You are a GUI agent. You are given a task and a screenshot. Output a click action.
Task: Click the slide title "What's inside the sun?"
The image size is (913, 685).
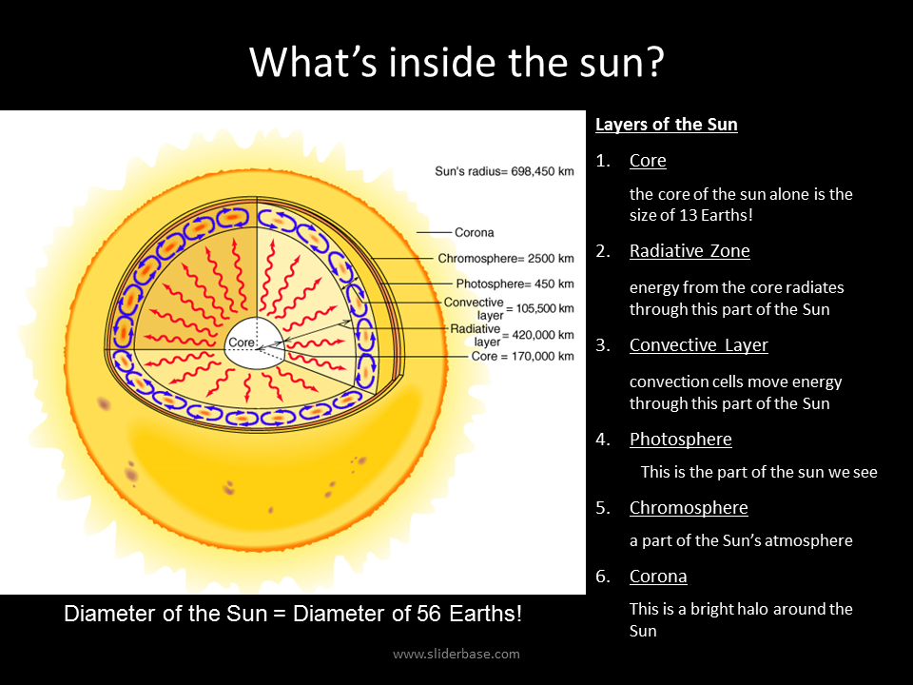[x=456, y=62]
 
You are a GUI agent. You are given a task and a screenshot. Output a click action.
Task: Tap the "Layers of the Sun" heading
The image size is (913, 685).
[x=666, y=124]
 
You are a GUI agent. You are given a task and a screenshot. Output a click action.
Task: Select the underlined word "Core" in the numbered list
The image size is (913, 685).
[x=648, y=160]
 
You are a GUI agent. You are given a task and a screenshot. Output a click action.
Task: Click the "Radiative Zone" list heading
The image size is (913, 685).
[x=690, y=250]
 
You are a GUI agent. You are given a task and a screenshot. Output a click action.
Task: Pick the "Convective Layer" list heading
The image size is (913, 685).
[x=699, y=344]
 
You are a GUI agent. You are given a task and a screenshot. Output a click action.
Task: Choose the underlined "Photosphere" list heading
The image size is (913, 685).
[x=681, y=439]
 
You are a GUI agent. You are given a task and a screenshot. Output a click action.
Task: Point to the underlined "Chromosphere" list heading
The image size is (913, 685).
[x=689, y=507]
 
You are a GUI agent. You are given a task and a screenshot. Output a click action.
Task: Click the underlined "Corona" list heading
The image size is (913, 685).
[x=658, y=577]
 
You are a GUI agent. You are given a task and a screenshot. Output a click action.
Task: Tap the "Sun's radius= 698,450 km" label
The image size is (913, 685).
[x=504, y=171]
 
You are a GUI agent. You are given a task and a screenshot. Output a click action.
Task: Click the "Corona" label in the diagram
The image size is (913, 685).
[x=474, y=232]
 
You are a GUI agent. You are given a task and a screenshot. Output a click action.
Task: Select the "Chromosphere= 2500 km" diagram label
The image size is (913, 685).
[x=506, y=258]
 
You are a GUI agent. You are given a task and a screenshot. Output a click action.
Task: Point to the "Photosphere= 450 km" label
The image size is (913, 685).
[x=515, y=284]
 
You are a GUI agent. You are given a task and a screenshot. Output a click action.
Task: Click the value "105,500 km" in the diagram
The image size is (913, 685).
[x=545, y=308]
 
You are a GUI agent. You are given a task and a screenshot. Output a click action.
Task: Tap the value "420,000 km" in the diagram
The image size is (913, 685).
[x=543, y=335]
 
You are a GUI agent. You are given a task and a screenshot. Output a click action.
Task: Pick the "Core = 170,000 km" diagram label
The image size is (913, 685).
[x=522, y=356]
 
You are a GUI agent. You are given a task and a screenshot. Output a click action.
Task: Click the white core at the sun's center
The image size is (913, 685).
[x=255, y=343]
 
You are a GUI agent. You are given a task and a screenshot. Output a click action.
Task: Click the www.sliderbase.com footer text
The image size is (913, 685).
[x=456, y=654]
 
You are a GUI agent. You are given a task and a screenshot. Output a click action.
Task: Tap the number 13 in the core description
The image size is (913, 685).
[x=689, y=215]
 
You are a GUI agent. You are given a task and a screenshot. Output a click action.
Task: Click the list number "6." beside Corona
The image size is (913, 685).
[x=603, y=577]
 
